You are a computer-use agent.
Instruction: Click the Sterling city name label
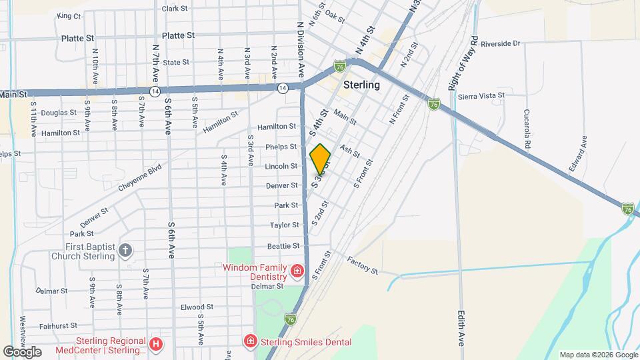click(x=362, y=85)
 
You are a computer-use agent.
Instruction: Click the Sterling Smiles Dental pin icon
click(x=251, y=342)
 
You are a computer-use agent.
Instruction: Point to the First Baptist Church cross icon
click(x=125, y=251)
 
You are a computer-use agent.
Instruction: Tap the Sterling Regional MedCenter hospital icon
click(x=155, y=344)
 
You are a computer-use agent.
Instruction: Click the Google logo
click(x=22, y=351)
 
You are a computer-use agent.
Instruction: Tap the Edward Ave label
click(x=578, y=155)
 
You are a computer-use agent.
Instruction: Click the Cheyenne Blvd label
click(x=140, y=179)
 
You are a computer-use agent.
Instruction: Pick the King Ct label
click(x=69, y=15)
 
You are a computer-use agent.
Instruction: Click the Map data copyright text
click(x=598, y=355)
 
